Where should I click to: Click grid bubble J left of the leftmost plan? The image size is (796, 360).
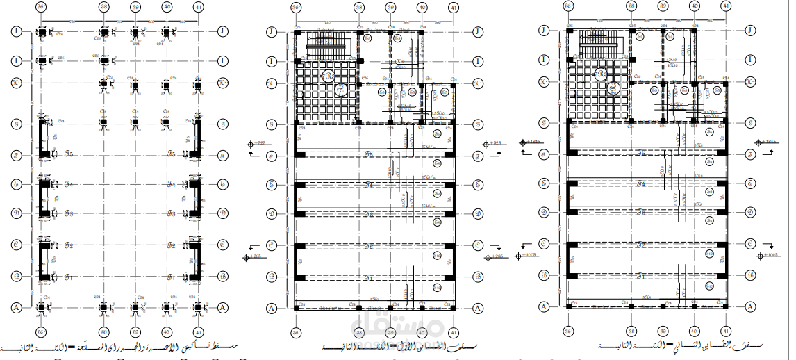click(x=16, y=32)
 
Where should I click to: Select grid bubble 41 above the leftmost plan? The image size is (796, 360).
click(x=199, y=6)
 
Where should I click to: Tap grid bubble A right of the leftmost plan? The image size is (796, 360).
click(x=223, y=306)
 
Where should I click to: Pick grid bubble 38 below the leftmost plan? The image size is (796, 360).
click(x=104, y=332)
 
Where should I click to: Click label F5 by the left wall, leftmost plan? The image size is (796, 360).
click(x=69, y=154)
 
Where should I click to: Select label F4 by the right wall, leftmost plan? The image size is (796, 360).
click(x=172, y=184)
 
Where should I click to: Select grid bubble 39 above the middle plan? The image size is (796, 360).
click(x=391, y=6)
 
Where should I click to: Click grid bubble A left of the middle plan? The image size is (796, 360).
click(x=272, y=306)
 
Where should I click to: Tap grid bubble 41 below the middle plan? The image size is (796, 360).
click(x=454, y=332)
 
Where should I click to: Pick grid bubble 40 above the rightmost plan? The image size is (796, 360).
click(x=694, y=6)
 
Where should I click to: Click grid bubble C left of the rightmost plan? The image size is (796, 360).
click(x=544, y=244)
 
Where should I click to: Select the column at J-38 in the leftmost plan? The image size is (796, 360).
click(x=104, y=32)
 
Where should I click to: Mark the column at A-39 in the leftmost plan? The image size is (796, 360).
click(x=135, y=306)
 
